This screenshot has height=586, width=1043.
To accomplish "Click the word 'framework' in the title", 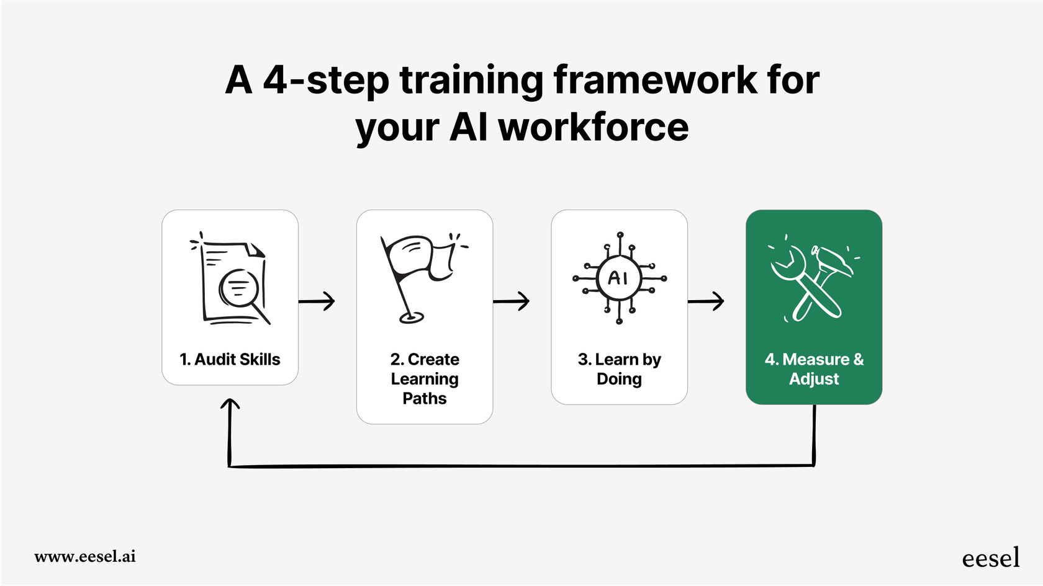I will click(654, 81).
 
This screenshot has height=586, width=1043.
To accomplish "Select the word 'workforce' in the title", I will click(594, 127).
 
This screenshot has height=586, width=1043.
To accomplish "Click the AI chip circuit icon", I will click(619, 278).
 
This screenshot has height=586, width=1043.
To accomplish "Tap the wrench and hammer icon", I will click(813, 278).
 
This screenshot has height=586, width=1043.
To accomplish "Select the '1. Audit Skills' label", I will click(230, 360).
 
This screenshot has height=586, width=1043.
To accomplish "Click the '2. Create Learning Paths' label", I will click(425, 379).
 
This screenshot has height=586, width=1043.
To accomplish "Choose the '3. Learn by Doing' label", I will click(619, 369).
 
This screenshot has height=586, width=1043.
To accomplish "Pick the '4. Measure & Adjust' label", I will click(814, 369).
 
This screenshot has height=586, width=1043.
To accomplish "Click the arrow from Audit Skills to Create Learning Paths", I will click(317, 301).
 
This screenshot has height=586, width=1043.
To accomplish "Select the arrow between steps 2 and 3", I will click(512, 301).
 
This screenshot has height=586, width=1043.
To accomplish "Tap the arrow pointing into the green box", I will click(707, 301).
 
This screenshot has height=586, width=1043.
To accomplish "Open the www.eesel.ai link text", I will click(85, 556).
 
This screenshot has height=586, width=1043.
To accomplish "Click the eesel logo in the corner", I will click(990, 558).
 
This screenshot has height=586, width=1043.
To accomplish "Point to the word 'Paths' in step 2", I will click(425, 399).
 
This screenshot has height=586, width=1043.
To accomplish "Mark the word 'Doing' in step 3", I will click(619, 379).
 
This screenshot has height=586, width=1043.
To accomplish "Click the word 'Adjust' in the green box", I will click(814, 379).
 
